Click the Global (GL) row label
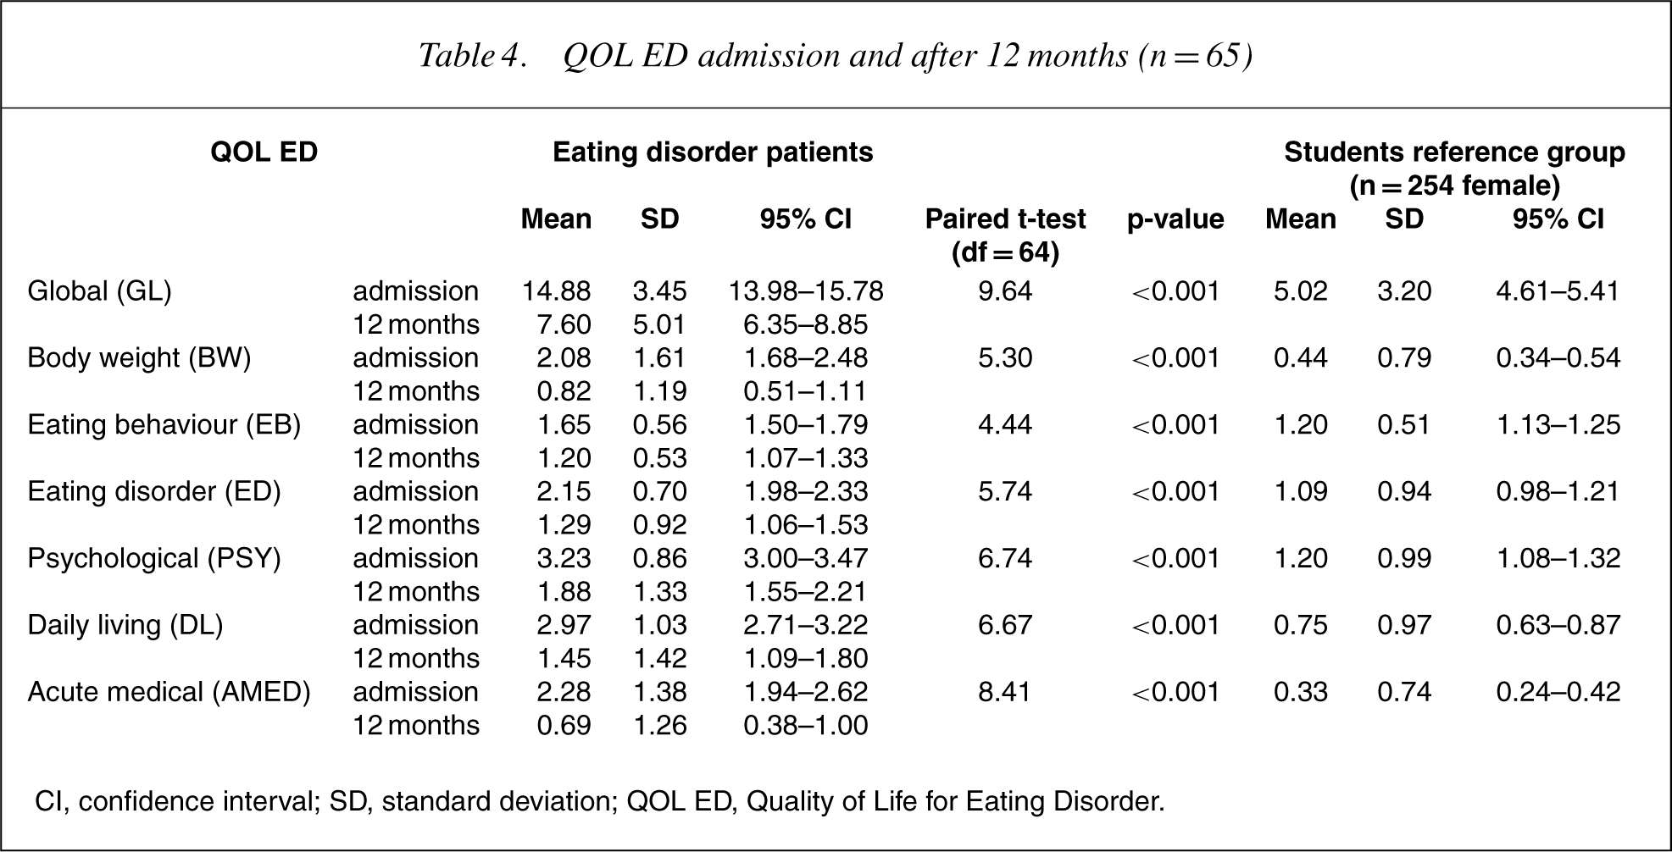[x=99, y=291]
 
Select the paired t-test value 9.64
[x=1005, y=291]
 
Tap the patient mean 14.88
[x=556, y=291]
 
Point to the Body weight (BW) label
[x=139, y=358]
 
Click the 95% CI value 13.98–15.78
[x=806, y=291]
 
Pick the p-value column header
[x=1175, y=219]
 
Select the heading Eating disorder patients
[x=713, y=152]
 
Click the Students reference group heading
[x=1454, y=169]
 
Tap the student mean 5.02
[x=1301, y=291]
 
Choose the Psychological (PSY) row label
[x=154, y=559]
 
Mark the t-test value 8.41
[x=1005, y=692]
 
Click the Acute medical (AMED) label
[x=169, y=692]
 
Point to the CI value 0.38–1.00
[x=806, y=726]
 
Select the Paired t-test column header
[x=1005, y=235]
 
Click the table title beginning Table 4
[x=836, y=56]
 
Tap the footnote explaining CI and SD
[x=600, y=801]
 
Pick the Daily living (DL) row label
[x=125, y=626]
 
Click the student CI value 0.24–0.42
[x=1558, y=692]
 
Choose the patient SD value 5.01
[x=659, y=325]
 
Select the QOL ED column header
[x=264, y=152]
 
